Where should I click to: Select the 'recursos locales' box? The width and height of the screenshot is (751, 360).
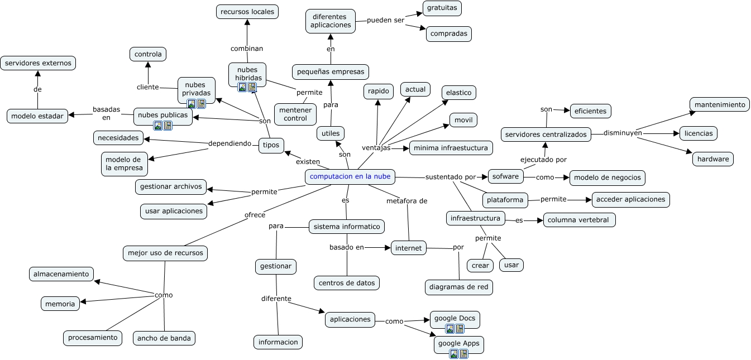pyautogui.click(x=247, y=11)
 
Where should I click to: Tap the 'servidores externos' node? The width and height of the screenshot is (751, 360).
pyautogui.click(x=38, y=63)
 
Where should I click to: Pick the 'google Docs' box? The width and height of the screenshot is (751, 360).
pyautogui.click(x=455, y=319)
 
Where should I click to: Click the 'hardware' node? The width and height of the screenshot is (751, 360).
pyautogui.click(x=713, y=159)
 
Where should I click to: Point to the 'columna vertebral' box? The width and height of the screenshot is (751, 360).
pyautogui.click(x=579, y=220)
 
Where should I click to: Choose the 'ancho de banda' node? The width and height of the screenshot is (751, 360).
pyautogui.click(x=164, y=338)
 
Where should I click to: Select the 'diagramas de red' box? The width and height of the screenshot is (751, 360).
pyautogui.click(x=459, y=287)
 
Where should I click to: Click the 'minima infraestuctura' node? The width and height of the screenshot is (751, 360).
pyautogui.click(x=451, y=148)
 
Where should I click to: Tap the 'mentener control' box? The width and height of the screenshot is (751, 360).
pyautogui.click(x=295, y=114)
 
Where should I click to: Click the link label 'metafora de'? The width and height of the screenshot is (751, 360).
pyautogui.click(x=407, y=201)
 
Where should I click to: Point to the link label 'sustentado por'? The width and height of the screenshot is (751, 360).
pyautogui.click(x=451, y=177)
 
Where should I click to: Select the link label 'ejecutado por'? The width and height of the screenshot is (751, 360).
pyautogui.click(x=543, y=160)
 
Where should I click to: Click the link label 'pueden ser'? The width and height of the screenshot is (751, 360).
pyautogui.click(x=385, y=20)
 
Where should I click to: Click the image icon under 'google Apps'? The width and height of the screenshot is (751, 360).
pyautogui.click(x=454, y=354)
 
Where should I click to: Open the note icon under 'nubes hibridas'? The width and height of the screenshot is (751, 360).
pyautogui.click(x=252, y=87)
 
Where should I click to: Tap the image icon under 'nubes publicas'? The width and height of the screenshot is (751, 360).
pyautogui.click(x=158, y=126)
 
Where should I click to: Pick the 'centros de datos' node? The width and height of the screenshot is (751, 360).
pyautogui.click(x=347, y=283)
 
